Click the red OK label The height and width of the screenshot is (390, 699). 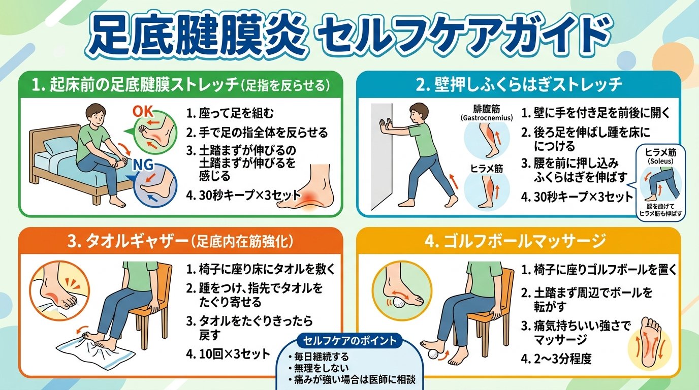coord(143,111)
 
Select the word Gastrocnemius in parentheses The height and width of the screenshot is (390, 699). coord(487,118)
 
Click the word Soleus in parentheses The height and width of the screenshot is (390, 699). coord(660,161)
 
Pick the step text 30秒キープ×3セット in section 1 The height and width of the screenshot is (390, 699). coord(243,196)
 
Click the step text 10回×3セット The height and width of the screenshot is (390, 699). coord(228,354)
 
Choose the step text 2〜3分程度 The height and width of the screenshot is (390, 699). coord(556,359)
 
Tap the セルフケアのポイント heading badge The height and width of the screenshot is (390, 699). coord(349,341)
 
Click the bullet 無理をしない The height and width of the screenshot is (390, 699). coord(318,368)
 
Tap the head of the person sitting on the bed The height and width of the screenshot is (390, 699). coord(97,115)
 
